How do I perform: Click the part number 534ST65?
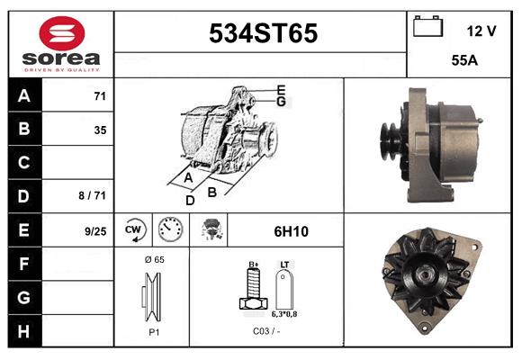pos(263,34)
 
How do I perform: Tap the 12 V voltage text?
pos(481,31)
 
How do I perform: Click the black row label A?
pos(24,96)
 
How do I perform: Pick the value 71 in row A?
pos(100,96)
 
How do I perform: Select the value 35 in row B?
pos(100,130)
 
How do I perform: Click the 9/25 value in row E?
pos(94,231)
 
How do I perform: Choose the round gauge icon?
pos(169,230)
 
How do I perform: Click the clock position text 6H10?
pos(290,231)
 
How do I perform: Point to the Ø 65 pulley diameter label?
pos(153,259)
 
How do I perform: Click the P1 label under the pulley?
pos(153,331)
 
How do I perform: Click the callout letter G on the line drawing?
pos(281,102)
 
